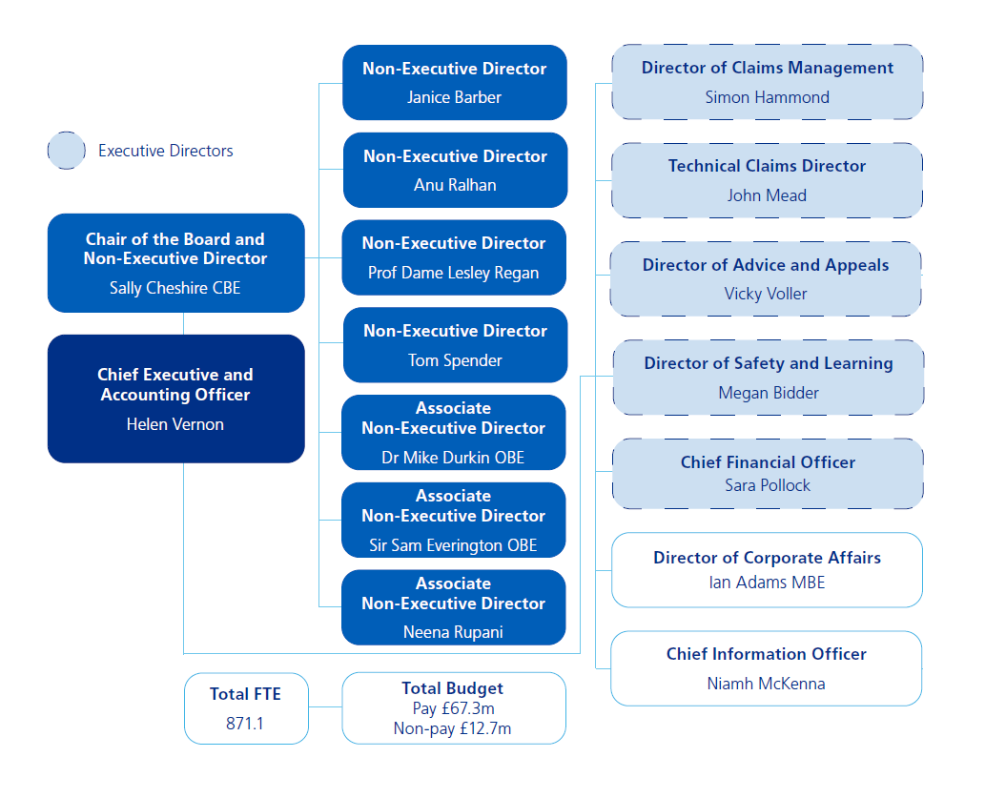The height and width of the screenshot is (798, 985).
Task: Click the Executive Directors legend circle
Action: pos(67,151)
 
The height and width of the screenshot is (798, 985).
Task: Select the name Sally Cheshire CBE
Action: pos(175,288)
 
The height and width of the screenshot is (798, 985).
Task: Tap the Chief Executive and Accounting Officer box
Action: pos(175,399)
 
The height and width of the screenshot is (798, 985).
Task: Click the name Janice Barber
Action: pos(454,97)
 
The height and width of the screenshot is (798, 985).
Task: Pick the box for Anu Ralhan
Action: pos(455,171)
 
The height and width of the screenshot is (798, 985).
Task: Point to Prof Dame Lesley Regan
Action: pos(454,273)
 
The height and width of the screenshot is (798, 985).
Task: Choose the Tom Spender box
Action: pos(455,345)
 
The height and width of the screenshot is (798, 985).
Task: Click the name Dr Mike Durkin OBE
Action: pos(453,458)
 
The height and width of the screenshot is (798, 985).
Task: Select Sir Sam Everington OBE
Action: pos(453,545)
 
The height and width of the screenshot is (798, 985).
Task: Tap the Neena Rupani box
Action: pos(453,607)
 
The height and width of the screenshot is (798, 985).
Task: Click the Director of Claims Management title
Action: pos(768,68)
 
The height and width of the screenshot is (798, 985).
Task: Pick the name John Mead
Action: pos(767,195)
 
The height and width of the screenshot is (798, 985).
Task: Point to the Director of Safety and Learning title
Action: pos(769,363)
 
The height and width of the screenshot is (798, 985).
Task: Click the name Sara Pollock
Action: pos(768,485)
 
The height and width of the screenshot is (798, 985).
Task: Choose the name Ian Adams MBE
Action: pos(767,582)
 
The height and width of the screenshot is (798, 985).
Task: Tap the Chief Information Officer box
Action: pos(767,668)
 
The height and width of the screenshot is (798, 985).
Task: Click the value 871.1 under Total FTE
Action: pos(245,724)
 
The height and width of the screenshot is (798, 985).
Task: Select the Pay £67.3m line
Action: pos(453,708)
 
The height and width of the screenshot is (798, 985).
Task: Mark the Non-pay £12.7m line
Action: pos(453,728)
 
